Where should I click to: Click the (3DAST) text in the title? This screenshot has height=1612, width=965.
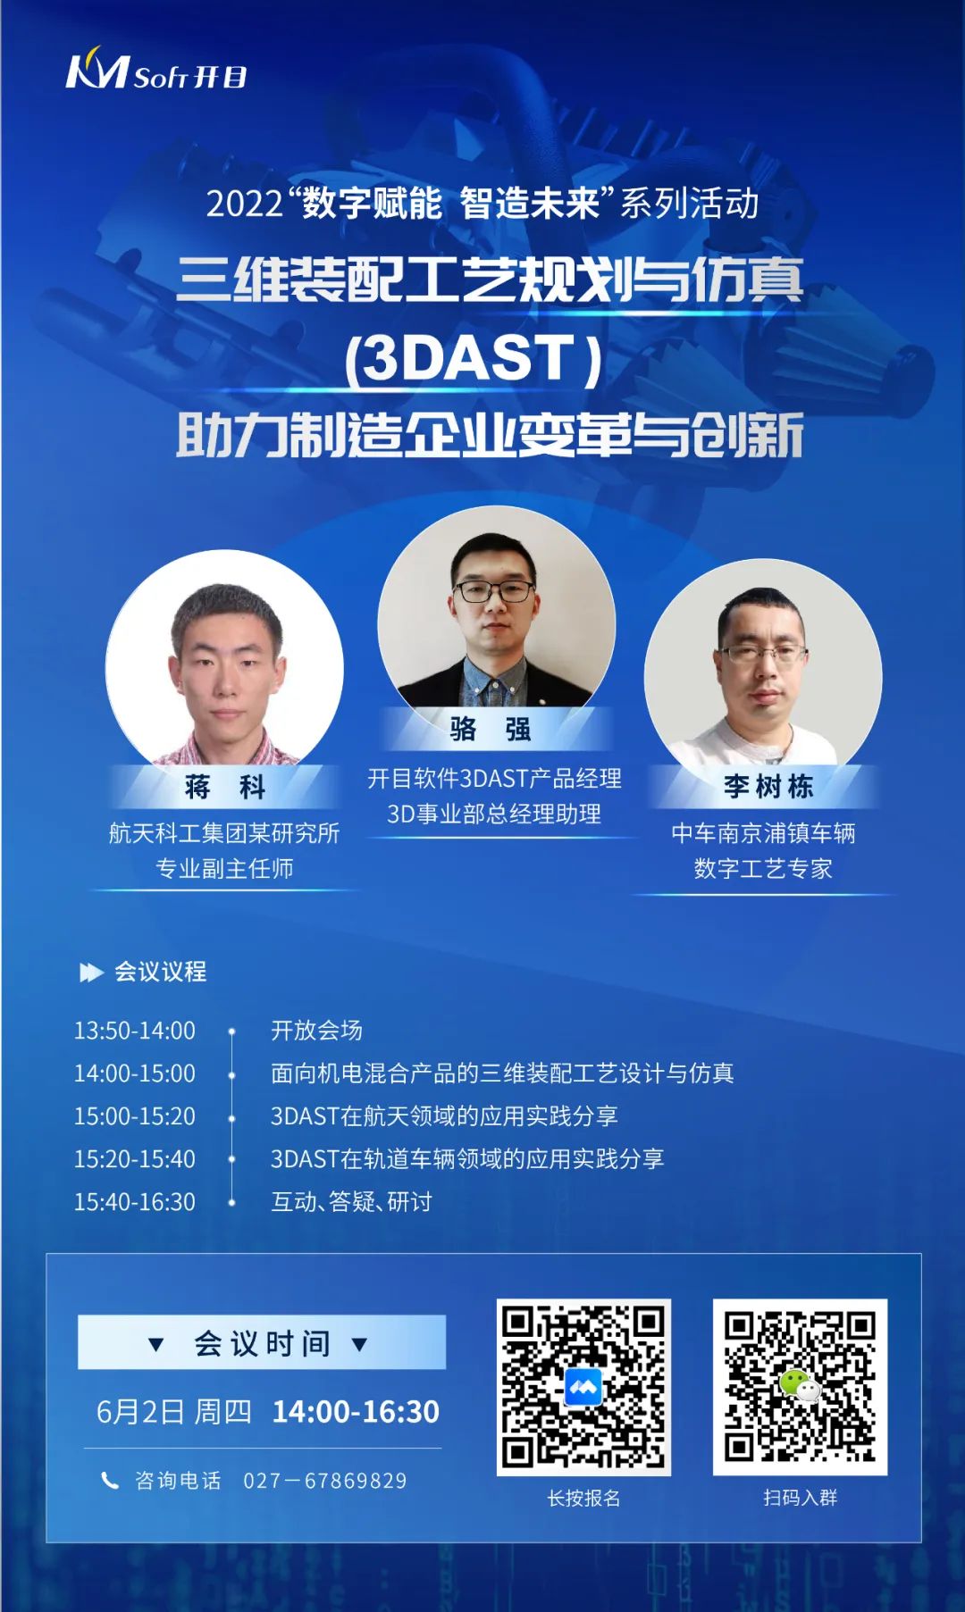tap(474, 358)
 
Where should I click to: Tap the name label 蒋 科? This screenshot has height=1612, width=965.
tap(225, 787)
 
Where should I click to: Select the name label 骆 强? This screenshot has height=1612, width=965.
tap(491, 729)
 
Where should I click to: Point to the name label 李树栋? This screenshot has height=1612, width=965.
tap(768, 786)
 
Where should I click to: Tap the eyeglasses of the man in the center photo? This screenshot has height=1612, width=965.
tap(495, 591)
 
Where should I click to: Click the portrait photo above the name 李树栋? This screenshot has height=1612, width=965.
tap(763, 664)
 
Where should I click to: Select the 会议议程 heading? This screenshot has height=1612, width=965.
tap(160, 972)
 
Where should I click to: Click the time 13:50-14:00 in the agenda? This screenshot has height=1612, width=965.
tap(135, 1031)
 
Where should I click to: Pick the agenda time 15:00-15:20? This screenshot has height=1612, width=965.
tap(135, 1116)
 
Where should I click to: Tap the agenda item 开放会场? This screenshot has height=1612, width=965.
tap(316, 1031)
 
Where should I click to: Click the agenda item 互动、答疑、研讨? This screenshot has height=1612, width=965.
tap(351, 1202)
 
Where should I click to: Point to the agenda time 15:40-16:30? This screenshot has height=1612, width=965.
tap(135, 1202)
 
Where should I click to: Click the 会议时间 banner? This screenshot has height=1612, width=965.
tap(262, 1342)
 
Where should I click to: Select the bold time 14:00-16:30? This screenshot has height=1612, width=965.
tap(356, 1412)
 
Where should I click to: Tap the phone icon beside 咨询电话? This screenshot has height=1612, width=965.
tap(110, 1481)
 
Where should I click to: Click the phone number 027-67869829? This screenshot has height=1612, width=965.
tap(325, 1481)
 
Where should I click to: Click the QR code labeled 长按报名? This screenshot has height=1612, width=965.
tap(583, 1387)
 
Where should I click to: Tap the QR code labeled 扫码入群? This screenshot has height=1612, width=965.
tap(800, 1387)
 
